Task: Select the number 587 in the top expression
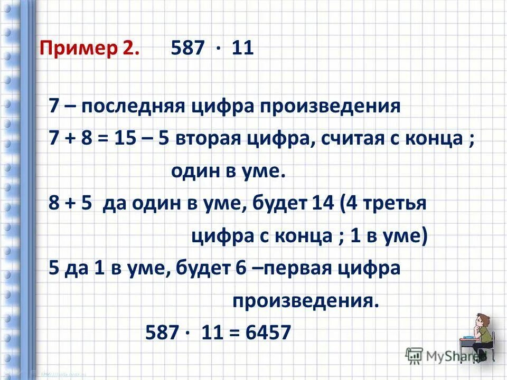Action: (187, 49)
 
